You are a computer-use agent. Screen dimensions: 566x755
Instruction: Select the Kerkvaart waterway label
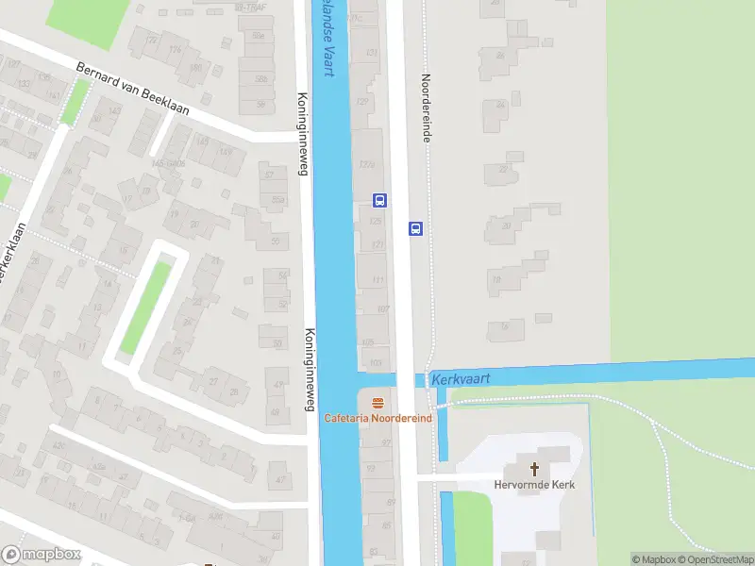462,377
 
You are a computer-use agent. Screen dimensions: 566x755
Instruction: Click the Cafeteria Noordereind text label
377,418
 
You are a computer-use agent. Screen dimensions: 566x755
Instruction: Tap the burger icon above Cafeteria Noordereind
377,402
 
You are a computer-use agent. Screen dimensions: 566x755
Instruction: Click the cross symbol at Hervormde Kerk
534,468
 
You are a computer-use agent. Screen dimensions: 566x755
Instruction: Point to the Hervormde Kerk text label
534,485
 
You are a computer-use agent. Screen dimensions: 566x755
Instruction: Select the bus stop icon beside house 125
379,200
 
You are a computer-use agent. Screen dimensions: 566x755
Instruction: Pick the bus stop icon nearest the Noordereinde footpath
415,228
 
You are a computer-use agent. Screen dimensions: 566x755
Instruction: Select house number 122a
368,164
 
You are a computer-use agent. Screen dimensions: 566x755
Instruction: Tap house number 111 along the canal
379,280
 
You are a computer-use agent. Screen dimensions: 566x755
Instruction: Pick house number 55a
278,200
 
